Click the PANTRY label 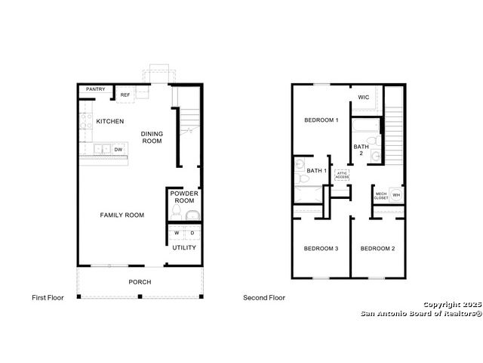pyautogui.click(x=96, y=89)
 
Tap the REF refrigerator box pyautogui.click(x=125, y=95)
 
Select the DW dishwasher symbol pyautogui.click(x=118, y=150)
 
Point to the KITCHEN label pyautogui.click(x=110, y=121)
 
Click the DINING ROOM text pyautogui.click(x=152, y=138)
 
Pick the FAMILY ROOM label pyautogui.click(x=122, y=215)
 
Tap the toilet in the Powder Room pyautogui.click(x=177, y=213)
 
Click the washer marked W pyautogui.click(x=177, y=233)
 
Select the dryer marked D pyautogui.click(x=192, y=233)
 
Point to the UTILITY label pyautogui.click(x=184, y=247)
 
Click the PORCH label pyautogui.click(x=140, y=282)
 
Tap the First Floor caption pyautogui.click(x=48, y=297)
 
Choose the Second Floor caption pyautogui.click(x=264, y=297)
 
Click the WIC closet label pyautogui.click(x=364, y=98)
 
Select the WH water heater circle pyautogui.click(x=396, y=195)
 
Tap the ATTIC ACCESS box pyautogui.click(x=342, y=175)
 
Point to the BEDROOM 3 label pyautogui.click(x=321, y=249)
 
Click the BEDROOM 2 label pyautogui.click(x=377, y=249)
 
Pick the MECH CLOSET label pyautogui.click(x=381, y=196)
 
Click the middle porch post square pyautogui.click(x=140, y=296)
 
